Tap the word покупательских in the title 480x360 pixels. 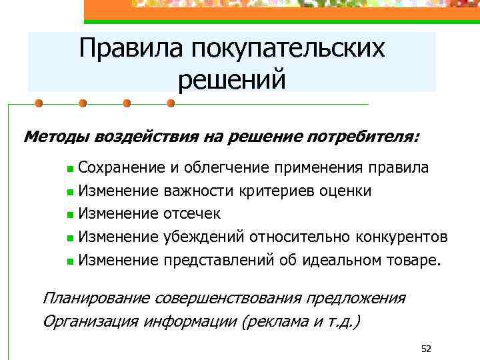coord(287,48)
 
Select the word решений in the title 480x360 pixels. coord(232,79)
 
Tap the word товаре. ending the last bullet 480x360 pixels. coord(414,260)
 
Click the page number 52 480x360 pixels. coord(427,349)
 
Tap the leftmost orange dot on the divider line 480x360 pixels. coord(39,103)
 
